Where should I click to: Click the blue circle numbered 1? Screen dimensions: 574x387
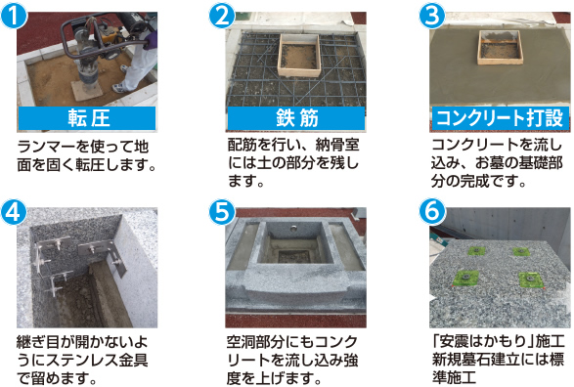tap(14, 15)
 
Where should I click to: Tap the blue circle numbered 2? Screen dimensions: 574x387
tap(222, 15)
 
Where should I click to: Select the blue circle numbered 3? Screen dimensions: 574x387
tap(432, 15)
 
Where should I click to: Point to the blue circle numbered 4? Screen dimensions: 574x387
tap(14, 212)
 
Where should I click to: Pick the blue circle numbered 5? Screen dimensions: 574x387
tap(222, 212)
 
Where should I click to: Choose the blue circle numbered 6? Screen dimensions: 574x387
tap(432, 212)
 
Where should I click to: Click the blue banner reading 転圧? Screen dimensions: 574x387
tap(87, 118)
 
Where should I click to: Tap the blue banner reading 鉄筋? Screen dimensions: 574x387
tap(296, 118)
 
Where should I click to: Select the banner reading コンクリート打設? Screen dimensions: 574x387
tap(501, 118)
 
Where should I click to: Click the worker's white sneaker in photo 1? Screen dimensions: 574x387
tap(119, 88)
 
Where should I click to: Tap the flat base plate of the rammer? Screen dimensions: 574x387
tap(86, 90)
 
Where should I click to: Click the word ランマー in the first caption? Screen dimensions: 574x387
tap(47, 147)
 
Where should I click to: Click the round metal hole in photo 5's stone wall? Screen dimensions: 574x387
tap(294, 230)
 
